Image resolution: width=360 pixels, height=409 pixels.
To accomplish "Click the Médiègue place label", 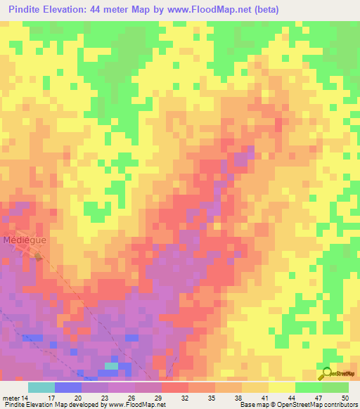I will coord(25,240).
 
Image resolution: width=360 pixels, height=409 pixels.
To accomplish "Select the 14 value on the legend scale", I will coord(27,378).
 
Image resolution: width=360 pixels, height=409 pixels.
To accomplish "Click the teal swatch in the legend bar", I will coord(41,387).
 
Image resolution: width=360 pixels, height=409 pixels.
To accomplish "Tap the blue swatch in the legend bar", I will coord(67,387).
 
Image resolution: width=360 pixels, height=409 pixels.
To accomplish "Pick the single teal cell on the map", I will coord(111,365).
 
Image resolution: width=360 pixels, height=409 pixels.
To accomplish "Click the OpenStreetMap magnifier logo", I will coord(327,373).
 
